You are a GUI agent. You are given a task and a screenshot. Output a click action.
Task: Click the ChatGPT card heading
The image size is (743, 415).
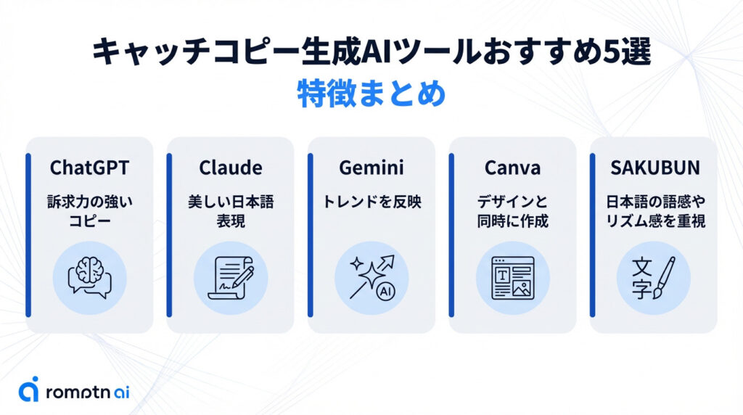89,168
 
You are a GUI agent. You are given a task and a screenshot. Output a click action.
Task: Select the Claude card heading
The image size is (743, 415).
230,168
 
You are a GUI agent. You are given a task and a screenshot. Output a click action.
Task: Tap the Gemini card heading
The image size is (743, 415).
371,168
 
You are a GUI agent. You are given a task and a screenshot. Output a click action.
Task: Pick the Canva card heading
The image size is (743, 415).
512,168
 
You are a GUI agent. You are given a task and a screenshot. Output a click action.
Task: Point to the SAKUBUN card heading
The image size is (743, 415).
654,168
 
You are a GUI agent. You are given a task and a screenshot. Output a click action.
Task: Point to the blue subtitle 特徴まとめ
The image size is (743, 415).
371,95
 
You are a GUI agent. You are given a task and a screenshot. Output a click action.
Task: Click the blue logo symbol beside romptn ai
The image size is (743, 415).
29,389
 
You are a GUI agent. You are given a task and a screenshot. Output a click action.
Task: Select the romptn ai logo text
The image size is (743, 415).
87,392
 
